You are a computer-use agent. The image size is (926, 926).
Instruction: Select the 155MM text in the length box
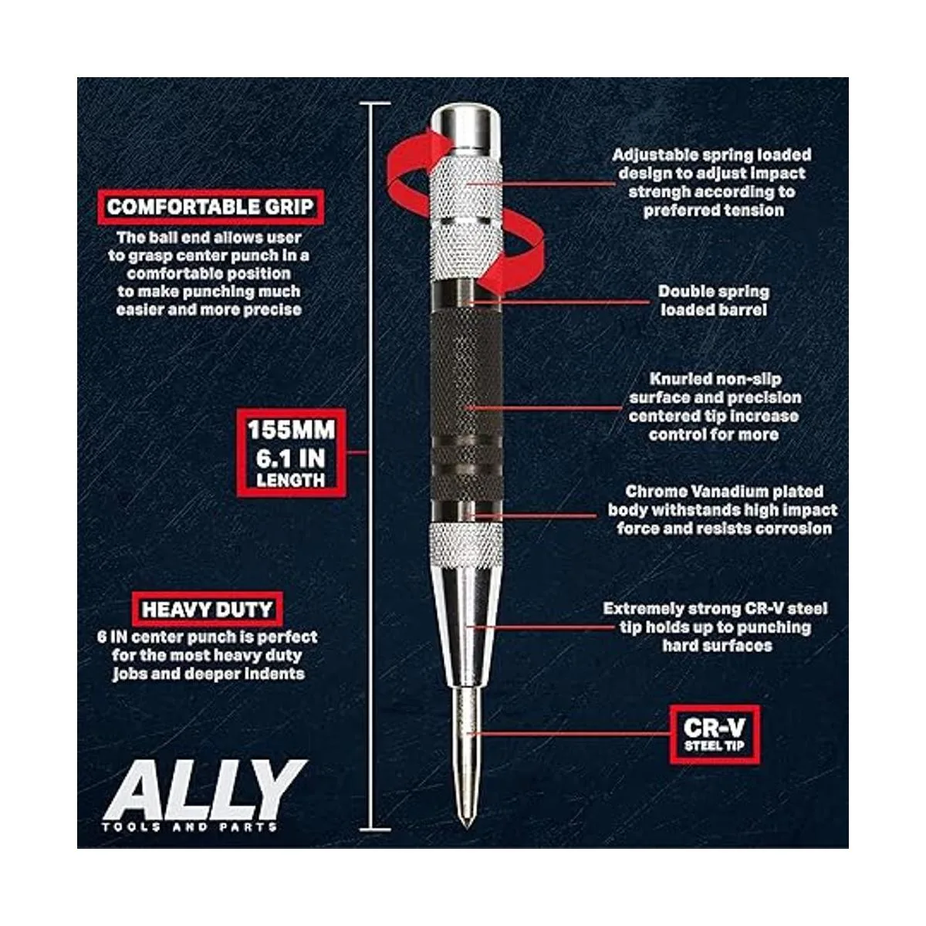pos(291,430)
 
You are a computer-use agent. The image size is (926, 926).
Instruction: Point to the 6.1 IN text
pos(291,458)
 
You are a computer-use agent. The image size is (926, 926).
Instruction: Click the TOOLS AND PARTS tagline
pos(189,826)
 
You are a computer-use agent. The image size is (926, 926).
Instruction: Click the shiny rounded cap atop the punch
pos(465,129)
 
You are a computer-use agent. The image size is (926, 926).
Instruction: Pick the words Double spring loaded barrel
pos(714,301)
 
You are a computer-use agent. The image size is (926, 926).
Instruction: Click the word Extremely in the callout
pos(643,610)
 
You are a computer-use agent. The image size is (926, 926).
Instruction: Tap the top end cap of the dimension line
pos(375,103)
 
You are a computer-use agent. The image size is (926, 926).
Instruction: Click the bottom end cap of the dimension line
pos(375,830)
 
